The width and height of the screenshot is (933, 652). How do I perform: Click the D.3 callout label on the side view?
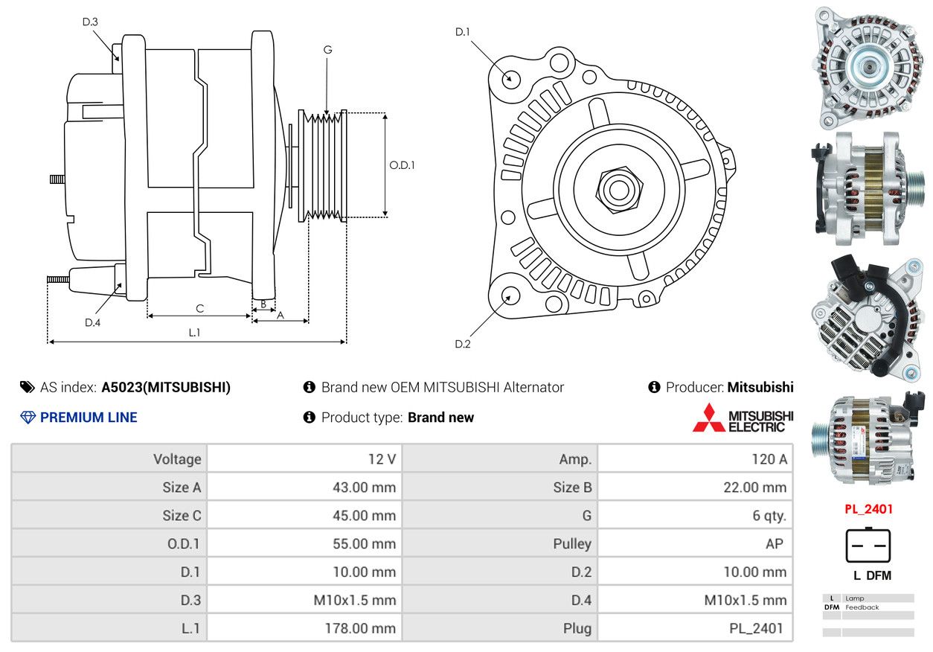click(90, 22)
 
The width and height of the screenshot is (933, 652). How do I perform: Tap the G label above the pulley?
click(328, 50)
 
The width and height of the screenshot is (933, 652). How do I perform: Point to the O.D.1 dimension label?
click(402, 165)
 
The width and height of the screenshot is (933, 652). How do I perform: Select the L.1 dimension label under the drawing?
click(194, 333)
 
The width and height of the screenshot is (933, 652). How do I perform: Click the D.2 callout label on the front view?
click(463, 344)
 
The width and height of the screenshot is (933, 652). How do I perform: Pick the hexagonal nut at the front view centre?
click(619, 190)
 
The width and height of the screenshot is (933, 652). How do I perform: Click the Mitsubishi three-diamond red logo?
click(708, 418)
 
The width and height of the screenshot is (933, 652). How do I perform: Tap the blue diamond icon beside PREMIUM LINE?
click(28, 418)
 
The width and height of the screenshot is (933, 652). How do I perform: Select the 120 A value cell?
click(769, 459)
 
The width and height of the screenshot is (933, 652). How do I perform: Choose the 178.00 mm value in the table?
click(360, 628)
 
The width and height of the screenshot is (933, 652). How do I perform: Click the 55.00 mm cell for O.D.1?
click(364, 543)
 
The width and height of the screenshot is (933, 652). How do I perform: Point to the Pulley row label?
click(572, 544)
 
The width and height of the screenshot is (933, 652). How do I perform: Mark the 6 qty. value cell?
click(769, 516)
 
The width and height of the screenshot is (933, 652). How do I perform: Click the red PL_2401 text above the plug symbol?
click(868, 509)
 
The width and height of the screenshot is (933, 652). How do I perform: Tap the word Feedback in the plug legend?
click(862, 607)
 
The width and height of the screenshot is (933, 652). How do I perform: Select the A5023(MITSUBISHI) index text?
click(166, 388)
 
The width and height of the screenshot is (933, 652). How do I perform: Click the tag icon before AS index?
click(28, 388)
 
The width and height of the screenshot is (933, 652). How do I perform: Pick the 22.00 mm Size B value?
click(754, 488)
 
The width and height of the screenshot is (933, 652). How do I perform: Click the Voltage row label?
click(177, 459)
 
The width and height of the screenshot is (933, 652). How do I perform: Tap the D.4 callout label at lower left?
click(92, 323)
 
